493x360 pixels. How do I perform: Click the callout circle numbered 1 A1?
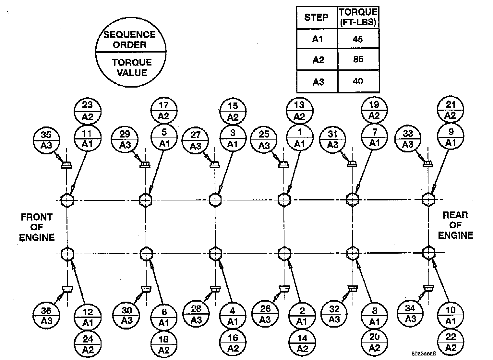tap(300, 138)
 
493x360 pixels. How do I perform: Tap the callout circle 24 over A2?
tap(88, 344)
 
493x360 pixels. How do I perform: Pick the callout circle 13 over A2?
tap(300, 110)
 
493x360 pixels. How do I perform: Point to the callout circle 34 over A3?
tap(410, 313)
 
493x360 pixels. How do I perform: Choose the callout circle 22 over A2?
tap(451, 342)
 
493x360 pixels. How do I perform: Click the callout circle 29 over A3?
tap(125, 140)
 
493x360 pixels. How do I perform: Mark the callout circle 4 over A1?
tap(233, 316)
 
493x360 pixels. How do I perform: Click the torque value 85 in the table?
tap(358, 59)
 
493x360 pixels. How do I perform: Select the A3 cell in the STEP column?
tap(318, 82)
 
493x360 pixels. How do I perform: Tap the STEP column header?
tap(317, 18)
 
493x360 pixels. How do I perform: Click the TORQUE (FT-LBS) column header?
tap(358, 17)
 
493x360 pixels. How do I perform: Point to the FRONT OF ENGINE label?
tap(37, 227)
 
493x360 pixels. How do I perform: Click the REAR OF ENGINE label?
tap(455, 225)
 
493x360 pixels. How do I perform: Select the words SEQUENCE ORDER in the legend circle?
tap(130, 39)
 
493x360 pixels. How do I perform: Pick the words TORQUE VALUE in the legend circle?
tap(132, 67)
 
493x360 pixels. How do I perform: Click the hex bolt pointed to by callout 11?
tap(67, 200)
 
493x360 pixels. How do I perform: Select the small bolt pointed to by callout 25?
tap(283, 164)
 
